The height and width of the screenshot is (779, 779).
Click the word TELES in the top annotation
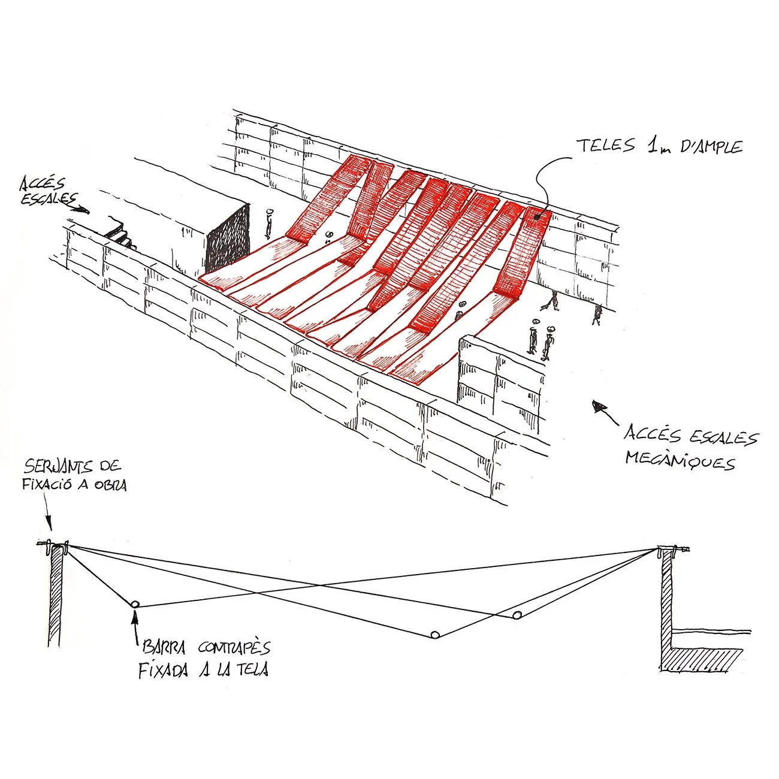(605, 146)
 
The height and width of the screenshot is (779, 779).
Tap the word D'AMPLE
(712, 147)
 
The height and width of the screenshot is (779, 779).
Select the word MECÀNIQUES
(680, 461)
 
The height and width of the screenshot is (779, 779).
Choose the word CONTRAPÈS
(234, 648)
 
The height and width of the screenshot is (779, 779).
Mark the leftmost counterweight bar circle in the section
(135, 604)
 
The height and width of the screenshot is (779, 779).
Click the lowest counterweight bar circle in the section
(436, 635)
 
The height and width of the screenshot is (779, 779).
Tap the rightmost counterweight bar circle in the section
(517, 615)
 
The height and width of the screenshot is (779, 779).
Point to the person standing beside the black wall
(269, 224)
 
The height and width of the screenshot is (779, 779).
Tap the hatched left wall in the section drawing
(55, 596)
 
